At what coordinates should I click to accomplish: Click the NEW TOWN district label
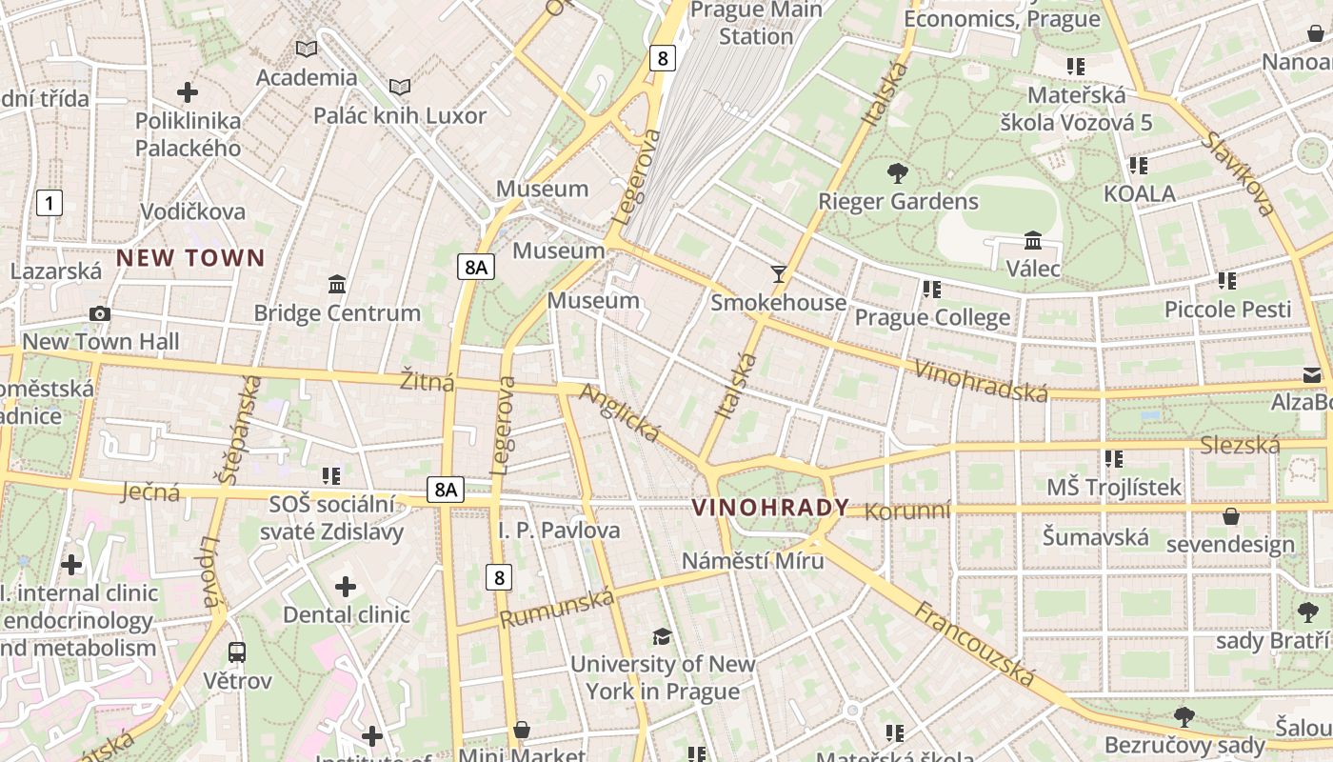[190, 257]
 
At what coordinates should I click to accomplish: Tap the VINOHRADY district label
[770, 508]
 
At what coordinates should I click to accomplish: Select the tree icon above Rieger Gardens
[897, 173]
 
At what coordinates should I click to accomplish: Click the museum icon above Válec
[1033, 240]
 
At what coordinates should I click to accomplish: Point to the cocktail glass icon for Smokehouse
[779, 274]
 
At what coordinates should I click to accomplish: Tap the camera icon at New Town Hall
[99, 313]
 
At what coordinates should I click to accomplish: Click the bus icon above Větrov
[237, 652]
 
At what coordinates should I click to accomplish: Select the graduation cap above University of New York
[662, 636]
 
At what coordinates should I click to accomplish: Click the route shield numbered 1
[50, 202]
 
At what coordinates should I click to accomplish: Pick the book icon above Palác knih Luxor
[400, 88]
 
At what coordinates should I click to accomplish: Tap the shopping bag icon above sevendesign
[1230, 516]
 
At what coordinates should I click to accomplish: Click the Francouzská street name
[975, 644]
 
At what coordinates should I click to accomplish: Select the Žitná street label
[428, 382]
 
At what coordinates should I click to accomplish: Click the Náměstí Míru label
[752, 560]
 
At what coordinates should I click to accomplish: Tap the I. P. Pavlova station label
[559, 530]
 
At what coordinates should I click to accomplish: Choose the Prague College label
[932, 317]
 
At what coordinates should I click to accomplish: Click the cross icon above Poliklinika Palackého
[188, 92]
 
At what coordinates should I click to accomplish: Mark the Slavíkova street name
[1238, 172]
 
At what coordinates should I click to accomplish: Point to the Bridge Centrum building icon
[336, 284]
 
